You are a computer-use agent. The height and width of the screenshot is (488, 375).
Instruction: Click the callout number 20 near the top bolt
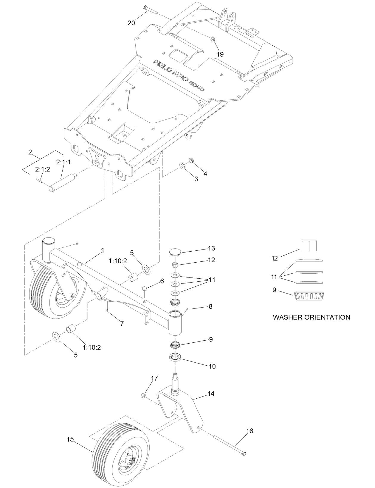tap(131, 23)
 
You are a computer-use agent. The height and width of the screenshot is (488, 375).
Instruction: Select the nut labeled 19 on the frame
tap(213, 39)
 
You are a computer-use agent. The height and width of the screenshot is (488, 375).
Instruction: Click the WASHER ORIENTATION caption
tap(312, 317)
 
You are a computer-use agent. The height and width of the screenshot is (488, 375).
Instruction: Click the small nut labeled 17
tap(142, 396)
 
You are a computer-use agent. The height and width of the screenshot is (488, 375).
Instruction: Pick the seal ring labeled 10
tap(175, 357)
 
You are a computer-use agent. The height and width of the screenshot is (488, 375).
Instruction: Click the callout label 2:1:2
tap(43, 169)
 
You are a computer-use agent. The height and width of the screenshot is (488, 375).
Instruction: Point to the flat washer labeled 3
tap(182, 165)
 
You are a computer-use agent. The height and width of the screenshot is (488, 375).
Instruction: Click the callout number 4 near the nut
tap(205, 174)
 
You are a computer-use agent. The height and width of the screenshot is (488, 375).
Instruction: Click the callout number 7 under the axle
tap(122, 324)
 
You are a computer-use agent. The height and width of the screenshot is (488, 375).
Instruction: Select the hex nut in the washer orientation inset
tap(309, 245)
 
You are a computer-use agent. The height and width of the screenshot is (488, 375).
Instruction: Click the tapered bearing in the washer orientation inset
tap(309, 296)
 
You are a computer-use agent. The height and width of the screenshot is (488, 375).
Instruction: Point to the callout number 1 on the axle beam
tap(103, 251)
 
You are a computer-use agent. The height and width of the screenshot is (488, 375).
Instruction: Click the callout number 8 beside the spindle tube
tap(210, 306)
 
